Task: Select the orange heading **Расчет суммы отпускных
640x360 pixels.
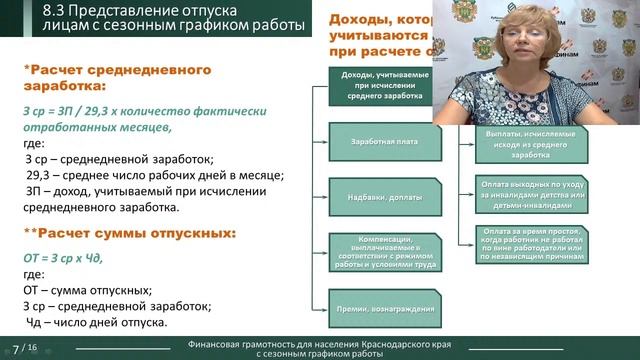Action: pyautogui.click(x=130, y=233)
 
